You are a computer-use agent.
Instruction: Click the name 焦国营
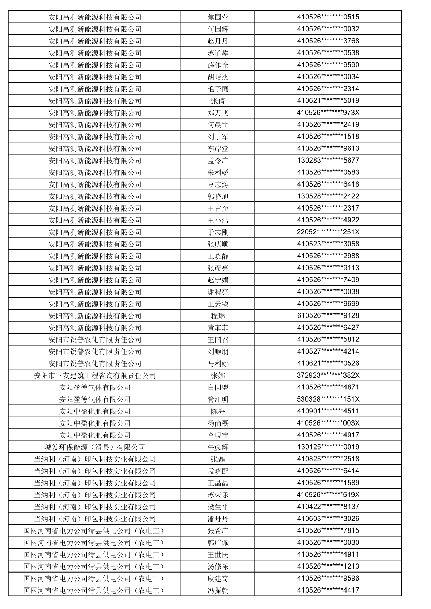click(x=218, y=17)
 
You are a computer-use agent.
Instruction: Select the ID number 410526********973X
click(x=328, y=113)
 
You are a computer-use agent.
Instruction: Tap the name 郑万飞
click(x=218, y=113)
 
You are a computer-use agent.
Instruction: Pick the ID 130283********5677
click(x=328, y=161)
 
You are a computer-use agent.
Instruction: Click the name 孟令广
click(x=218, y=161)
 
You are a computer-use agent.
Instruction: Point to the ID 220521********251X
click(x=328, y=232)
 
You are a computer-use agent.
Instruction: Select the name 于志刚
click(x=218, y=232)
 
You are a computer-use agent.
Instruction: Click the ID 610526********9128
click(x=328, y=315)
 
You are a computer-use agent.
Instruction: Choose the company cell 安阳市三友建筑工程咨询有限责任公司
click(x=95, y=376)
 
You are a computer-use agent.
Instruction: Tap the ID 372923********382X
click(x=328, y=375)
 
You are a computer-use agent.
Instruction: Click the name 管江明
click(x=218, y=400)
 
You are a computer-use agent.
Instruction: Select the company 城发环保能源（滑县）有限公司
click(x=95, y=447)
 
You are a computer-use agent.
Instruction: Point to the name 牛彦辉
click(x=218, y=447)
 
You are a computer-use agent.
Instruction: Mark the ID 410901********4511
click(x=328, y=411)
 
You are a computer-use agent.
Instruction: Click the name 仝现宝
click(x=218, y=435)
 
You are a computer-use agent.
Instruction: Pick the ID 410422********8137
click(x=328, y=507)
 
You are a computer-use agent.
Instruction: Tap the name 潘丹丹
click(x=218, y=519)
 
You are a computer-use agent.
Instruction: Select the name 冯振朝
click(x=218, y=591)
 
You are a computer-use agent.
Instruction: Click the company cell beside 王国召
click(x=95, y=340)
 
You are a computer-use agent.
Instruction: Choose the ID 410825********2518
click(x=328, y=459)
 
